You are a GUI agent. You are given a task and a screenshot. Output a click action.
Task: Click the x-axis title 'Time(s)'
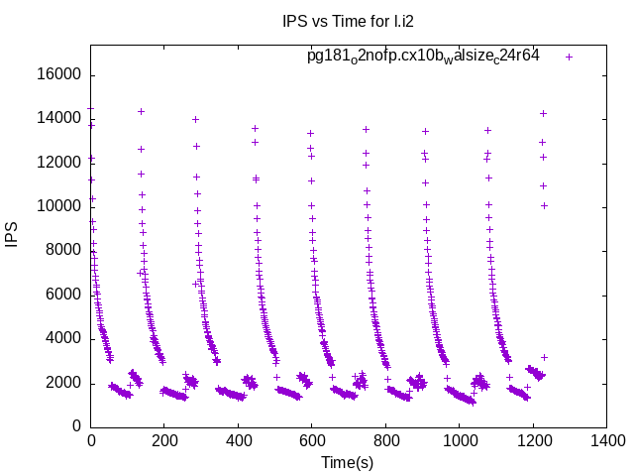click(x=347, y=462)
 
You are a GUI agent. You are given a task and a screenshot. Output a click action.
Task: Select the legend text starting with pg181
click(x=423, y=57)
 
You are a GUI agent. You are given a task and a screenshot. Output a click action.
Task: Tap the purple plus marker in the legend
click(x=569, y=57)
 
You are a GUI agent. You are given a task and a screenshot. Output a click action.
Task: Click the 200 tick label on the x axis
click(x=164, y=443)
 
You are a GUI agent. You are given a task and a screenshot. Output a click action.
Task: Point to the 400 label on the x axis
click(x=238, y=443)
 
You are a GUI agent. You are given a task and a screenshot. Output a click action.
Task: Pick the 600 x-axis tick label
click(x=312, y=443)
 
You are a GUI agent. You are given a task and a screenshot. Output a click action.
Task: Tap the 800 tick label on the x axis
click(x=385, y=443)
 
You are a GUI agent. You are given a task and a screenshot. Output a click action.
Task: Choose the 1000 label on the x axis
click(x=459, y=443)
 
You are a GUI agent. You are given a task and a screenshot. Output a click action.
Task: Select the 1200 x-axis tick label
click(x=533, y=443)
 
